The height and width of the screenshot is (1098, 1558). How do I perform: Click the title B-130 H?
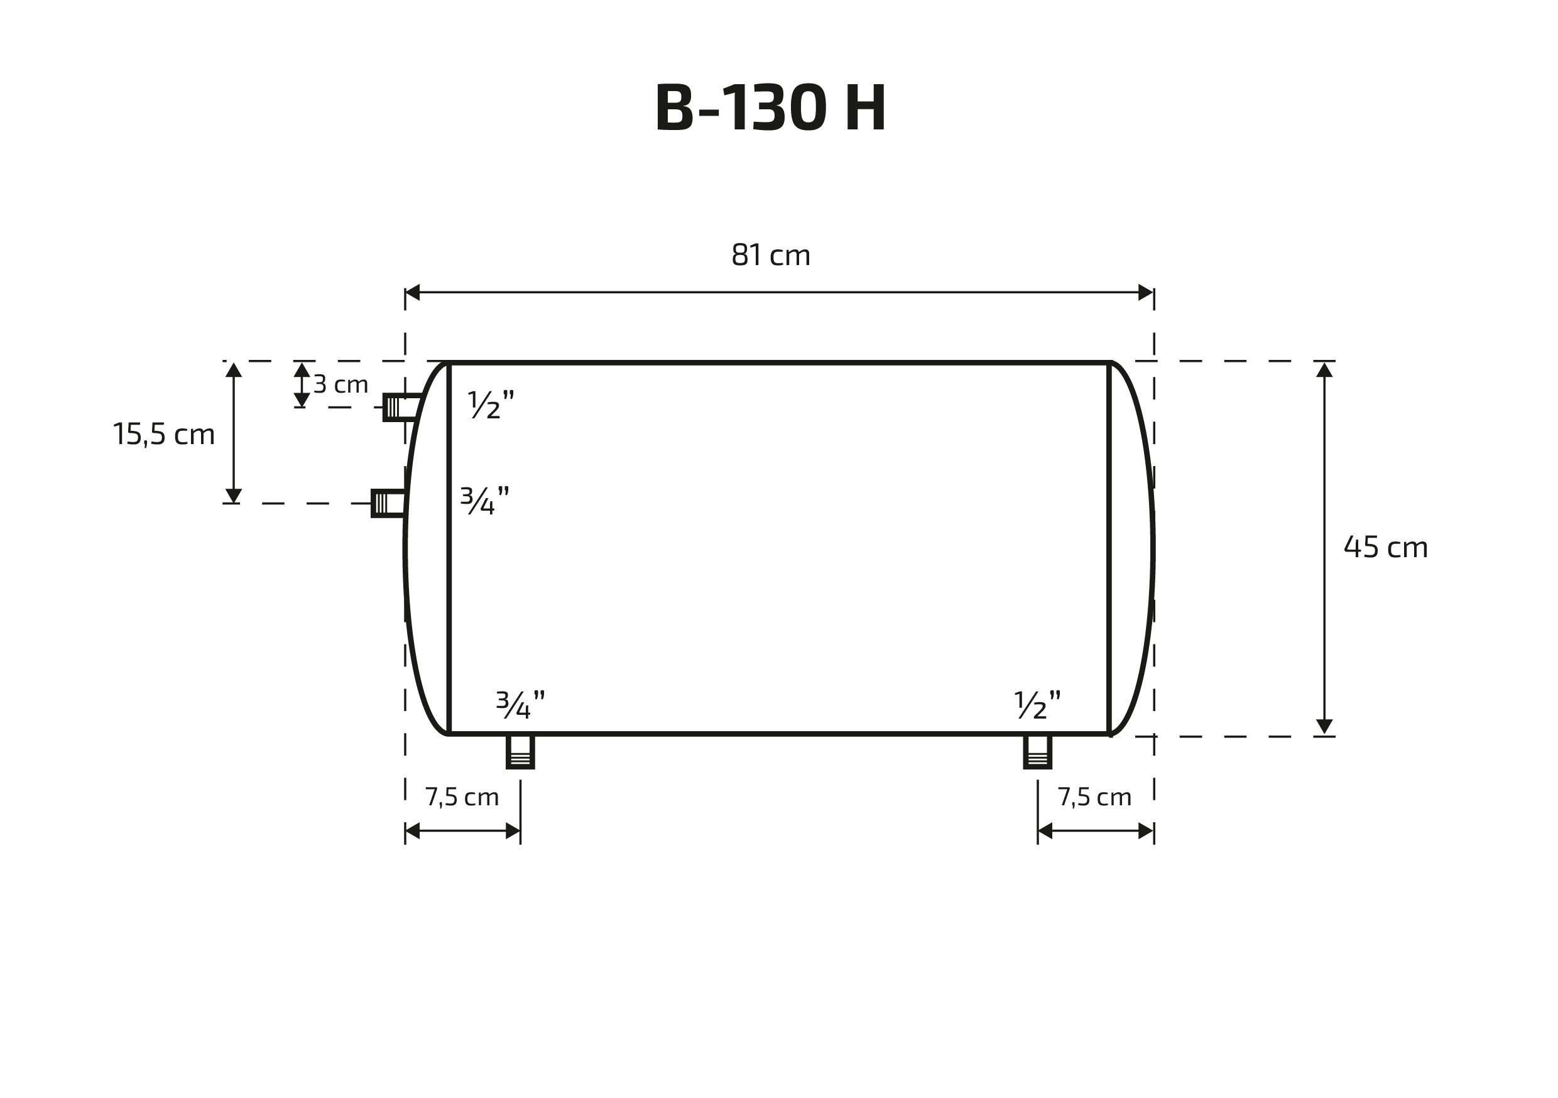[771, 107]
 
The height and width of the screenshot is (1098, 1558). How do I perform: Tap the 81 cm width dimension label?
[771, 255]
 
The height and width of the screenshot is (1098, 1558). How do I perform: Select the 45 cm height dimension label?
[1386, 547]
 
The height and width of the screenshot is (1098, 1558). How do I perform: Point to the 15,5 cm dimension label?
[163, 433]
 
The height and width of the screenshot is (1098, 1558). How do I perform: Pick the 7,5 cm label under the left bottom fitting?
[461, 796]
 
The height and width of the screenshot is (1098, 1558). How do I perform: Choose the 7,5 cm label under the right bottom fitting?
[1094, 796]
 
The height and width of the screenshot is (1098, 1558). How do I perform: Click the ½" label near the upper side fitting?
[491, 405]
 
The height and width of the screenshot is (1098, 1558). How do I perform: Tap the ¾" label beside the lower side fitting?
[484, 501]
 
